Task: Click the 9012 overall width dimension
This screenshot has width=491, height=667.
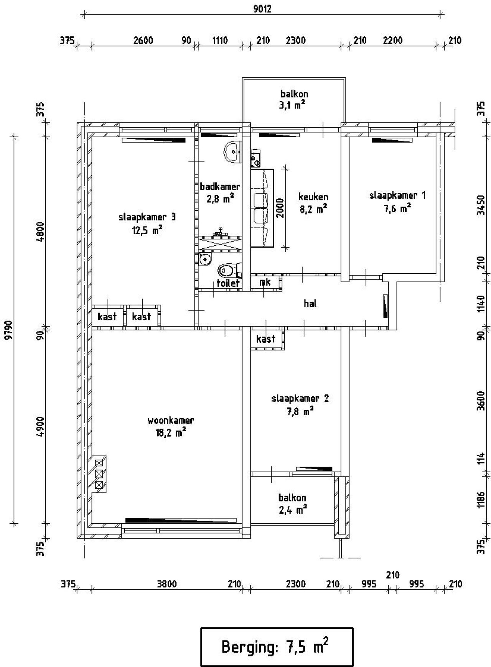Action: (262, 9)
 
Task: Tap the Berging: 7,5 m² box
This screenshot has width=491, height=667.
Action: (277, 647)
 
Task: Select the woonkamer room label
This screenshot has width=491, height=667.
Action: (171, 421)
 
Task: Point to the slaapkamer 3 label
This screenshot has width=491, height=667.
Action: (147, 217)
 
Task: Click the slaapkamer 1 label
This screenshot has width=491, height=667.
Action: (397, 195)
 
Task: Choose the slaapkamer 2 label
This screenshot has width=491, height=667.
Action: (300, 399)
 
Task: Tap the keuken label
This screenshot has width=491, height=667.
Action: (313, 197)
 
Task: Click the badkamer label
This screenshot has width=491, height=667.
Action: (220, 187)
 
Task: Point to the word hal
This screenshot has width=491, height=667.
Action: (310, 304)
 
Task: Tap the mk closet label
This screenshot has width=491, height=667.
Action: (265, 283)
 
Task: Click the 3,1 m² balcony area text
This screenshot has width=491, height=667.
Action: (294, 105)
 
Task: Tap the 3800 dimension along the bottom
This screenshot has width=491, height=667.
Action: (167, 584)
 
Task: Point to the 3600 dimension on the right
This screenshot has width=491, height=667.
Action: (482, 401)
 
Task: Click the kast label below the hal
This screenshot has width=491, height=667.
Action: (266, 339)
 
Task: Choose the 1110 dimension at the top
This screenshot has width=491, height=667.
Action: (220, 40)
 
